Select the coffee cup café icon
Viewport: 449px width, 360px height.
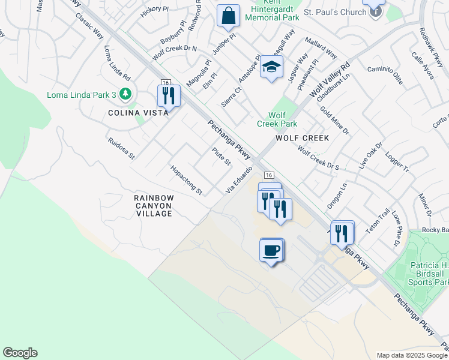click(271, 250)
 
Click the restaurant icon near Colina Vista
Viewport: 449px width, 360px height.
click(169, 95)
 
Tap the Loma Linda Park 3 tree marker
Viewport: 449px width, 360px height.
click(125, 94)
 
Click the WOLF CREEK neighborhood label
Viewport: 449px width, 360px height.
click(302, 138)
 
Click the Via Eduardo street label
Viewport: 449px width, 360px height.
click(238, 179)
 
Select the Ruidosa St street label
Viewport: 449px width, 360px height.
click(121, 148)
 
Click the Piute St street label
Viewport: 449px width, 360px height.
click(221, 157)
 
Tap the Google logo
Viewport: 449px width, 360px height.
click(20, 353)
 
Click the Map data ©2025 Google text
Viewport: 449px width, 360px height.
click(412, 355)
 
